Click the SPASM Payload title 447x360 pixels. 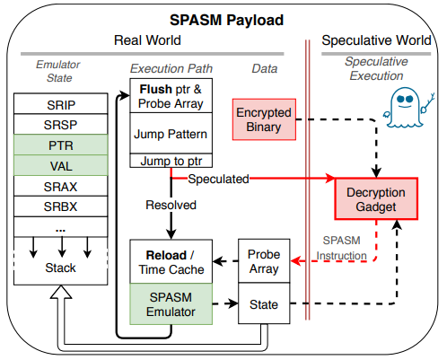[226, 21]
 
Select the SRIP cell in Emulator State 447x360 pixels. [61, 104]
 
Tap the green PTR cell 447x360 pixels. [61, 145]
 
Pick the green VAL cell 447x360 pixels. [61, 165]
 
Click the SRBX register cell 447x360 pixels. [61, 206]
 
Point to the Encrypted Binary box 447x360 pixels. [264, 119]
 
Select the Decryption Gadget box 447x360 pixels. [376, 199]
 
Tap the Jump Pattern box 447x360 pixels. [171, 134]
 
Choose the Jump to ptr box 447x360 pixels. [171, 161]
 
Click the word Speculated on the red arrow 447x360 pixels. [218, 179]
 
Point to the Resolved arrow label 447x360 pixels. [171, 205]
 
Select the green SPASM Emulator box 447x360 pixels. [171, 304]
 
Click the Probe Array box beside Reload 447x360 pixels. [264, 261]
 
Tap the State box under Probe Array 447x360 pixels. [264, 303]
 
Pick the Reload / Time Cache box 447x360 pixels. [171, 261]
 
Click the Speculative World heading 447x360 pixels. [376, 40]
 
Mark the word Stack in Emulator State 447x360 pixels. [60, 268]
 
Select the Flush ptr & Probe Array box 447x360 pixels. [171, 96]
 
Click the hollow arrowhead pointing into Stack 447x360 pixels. [61, 293]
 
